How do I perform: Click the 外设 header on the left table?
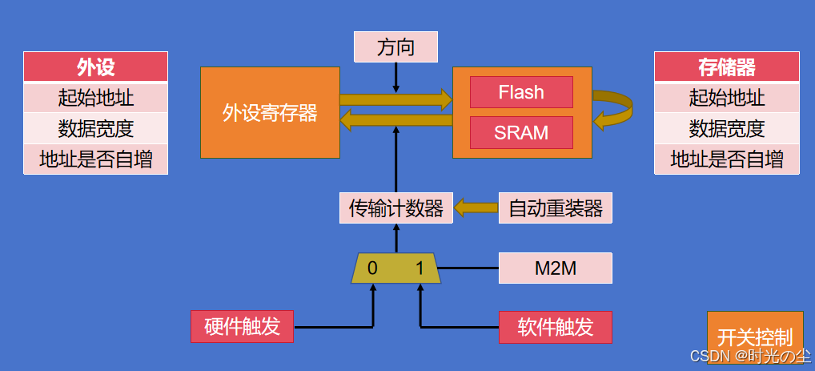click(95, 67)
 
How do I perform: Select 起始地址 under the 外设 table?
click(95, 98)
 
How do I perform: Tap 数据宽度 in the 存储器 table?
click(726, 128)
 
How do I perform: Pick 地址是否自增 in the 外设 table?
click(95, 159)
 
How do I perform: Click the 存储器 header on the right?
click(726, 67)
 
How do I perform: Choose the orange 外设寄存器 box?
click(270, 112)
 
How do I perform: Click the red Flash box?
click(520, 92)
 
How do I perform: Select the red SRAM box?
click(520, 132)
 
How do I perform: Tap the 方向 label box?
click(395, 47)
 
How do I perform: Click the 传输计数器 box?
click(395, 208)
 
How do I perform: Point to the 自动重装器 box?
click(556, 208)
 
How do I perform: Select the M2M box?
click(555, 268)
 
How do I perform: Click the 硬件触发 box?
click(242, 327)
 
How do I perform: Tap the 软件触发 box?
click(555, 327)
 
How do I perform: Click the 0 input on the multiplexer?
click(372, 268)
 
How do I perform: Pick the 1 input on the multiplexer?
click(420, 268)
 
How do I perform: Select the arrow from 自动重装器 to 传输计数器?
click(476, 208)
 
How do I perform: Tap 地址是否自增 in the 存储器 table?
click(726, 159)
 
